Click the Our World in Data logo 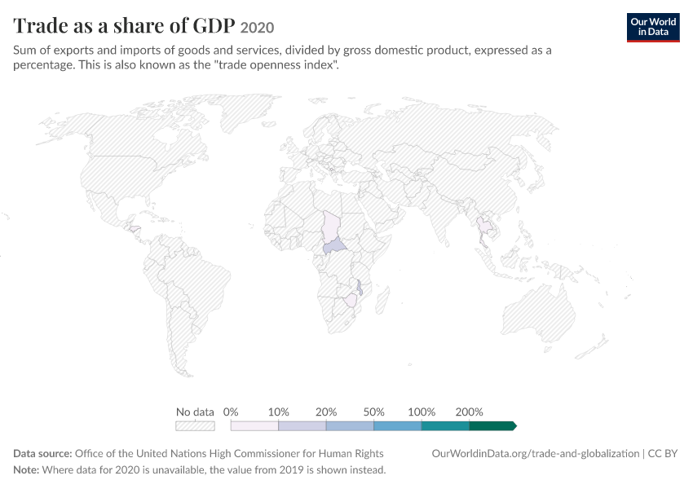pyautogui.click(x=653, y=28)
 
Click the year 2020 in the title pyautogui.click(x=257, y=28)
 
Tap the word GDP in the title pyautogui.click(x=214, y=25)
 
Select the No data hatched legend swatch pyautogui.click(x=195, y=425)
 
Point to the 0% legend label pyautogui.click(x=230, y=412)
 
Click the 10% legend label pyautogui.click(x=278, y=412)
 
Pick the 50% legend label pyautogui.click(x=373, y=412)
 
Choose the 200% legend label pyautogui.click(x=469, y=412)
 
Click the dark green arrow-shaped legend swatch pyautogui.click(x=492, y=425)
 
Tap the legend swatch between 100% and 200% pyautogui.click(x=445, y=425)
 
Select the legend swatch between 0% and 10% pyautogui.click(x=254, y=425)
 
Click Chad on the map pyautogui.click(x=330, y=227)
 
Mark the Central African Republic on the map pyautogui.click(x=334, y=245)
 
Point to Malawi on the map pyautogui.click(x=360, y=287)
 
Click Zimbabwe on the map pyautogui.click(x=351, y=301)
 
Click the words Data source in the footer pyautogui.click(x=42, y=454)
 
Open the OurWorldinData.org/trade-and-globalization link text pyautogui.click(x=535, y=454)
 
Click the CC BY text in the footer pyautogui.click(x=663, y=454)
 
